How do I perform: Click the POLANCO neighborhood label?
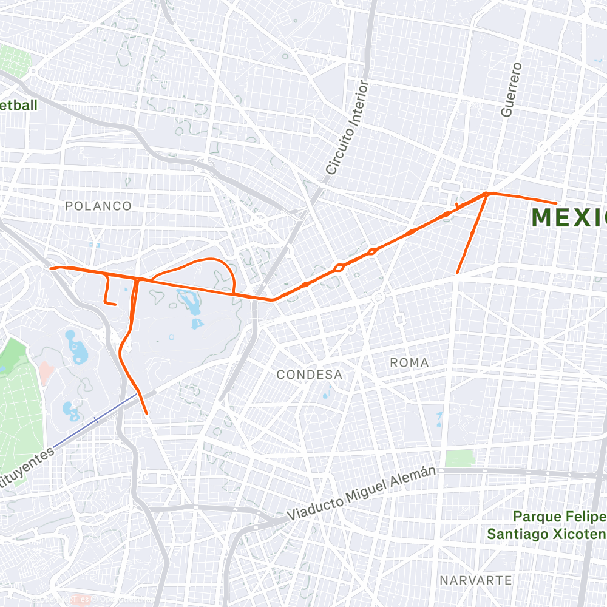(98, 206)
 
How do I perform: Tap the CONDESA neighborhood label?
(310, 375)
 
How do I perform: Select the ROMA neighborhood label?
(409, 362)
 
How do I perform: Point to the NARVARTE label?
(476, 580)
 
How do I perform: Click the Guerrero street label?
(511, 89)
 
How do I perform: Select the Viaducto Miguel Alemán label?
(362, 493)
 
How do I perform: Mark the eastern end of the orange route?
(556, 203)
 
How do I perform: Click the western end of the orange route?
(50, 268)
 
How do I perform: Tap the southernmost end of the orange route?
(147, 413)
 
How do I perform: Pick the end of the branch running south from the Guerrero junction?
(457, 273)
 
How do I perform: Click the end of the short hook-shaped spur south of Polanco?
(115, 303)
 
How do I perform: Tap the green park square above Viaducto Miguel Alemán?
(459, 458)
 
